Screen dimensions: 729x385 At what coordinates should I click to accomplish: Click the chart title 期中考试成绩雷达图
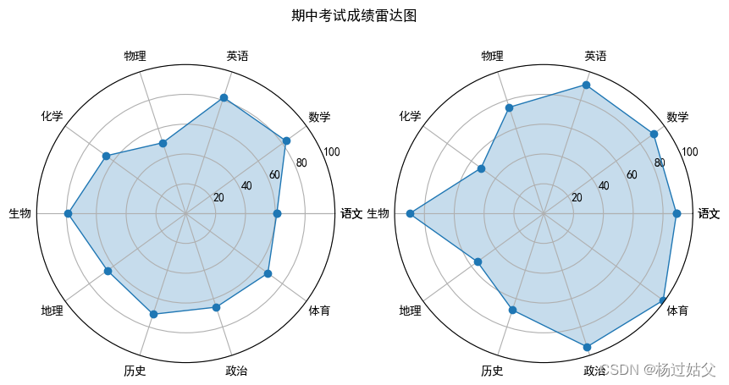(x=354, y=16)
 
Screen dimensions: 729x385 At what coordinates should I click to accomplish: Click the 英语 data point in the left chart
(x=224, y=98)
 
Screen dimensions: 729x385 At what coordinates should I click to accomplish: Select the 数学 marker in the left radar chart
(x=286, y=140)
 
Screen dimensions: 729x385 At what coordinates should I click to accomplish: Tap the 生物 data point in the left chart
(x=68, y=214)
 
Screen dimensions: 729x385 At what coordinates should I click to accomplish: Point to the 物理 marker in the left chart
(x=163, y=144)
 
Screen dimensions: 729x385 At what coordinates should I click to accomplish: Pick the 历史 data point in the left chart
(x=153, y=314)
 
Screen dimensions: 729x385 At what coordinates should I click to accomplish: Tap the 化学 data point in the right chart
(x=482, y=169)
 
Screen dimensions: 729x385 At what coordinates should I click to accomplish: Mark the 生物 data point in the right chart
(x=410, y=214)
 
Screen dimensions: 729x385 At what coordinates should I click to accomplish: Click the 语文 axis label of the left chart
(x=351, y=214)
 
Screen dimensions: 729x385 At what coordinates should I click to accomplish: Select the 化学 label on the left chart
(x=52, y=116)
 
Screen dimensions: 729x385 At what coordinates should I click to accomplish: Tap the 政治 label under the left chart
(x=237, y=371)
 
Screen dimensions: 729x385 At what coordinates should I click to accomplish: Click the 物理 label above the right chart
(x=492, y=56)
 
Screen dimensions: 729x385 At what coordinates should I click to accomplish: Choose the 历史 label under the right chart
(x=492, y=371)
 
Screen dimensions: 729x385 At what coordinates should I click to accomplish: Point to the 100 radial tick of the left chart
(x=331, y=152)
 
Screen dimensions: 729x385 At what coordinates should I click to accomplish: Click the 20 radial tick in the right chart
(x=577, y=198)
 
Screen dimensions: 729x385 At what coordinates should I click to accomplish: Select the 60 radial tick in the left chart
(x=273, y=175)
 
